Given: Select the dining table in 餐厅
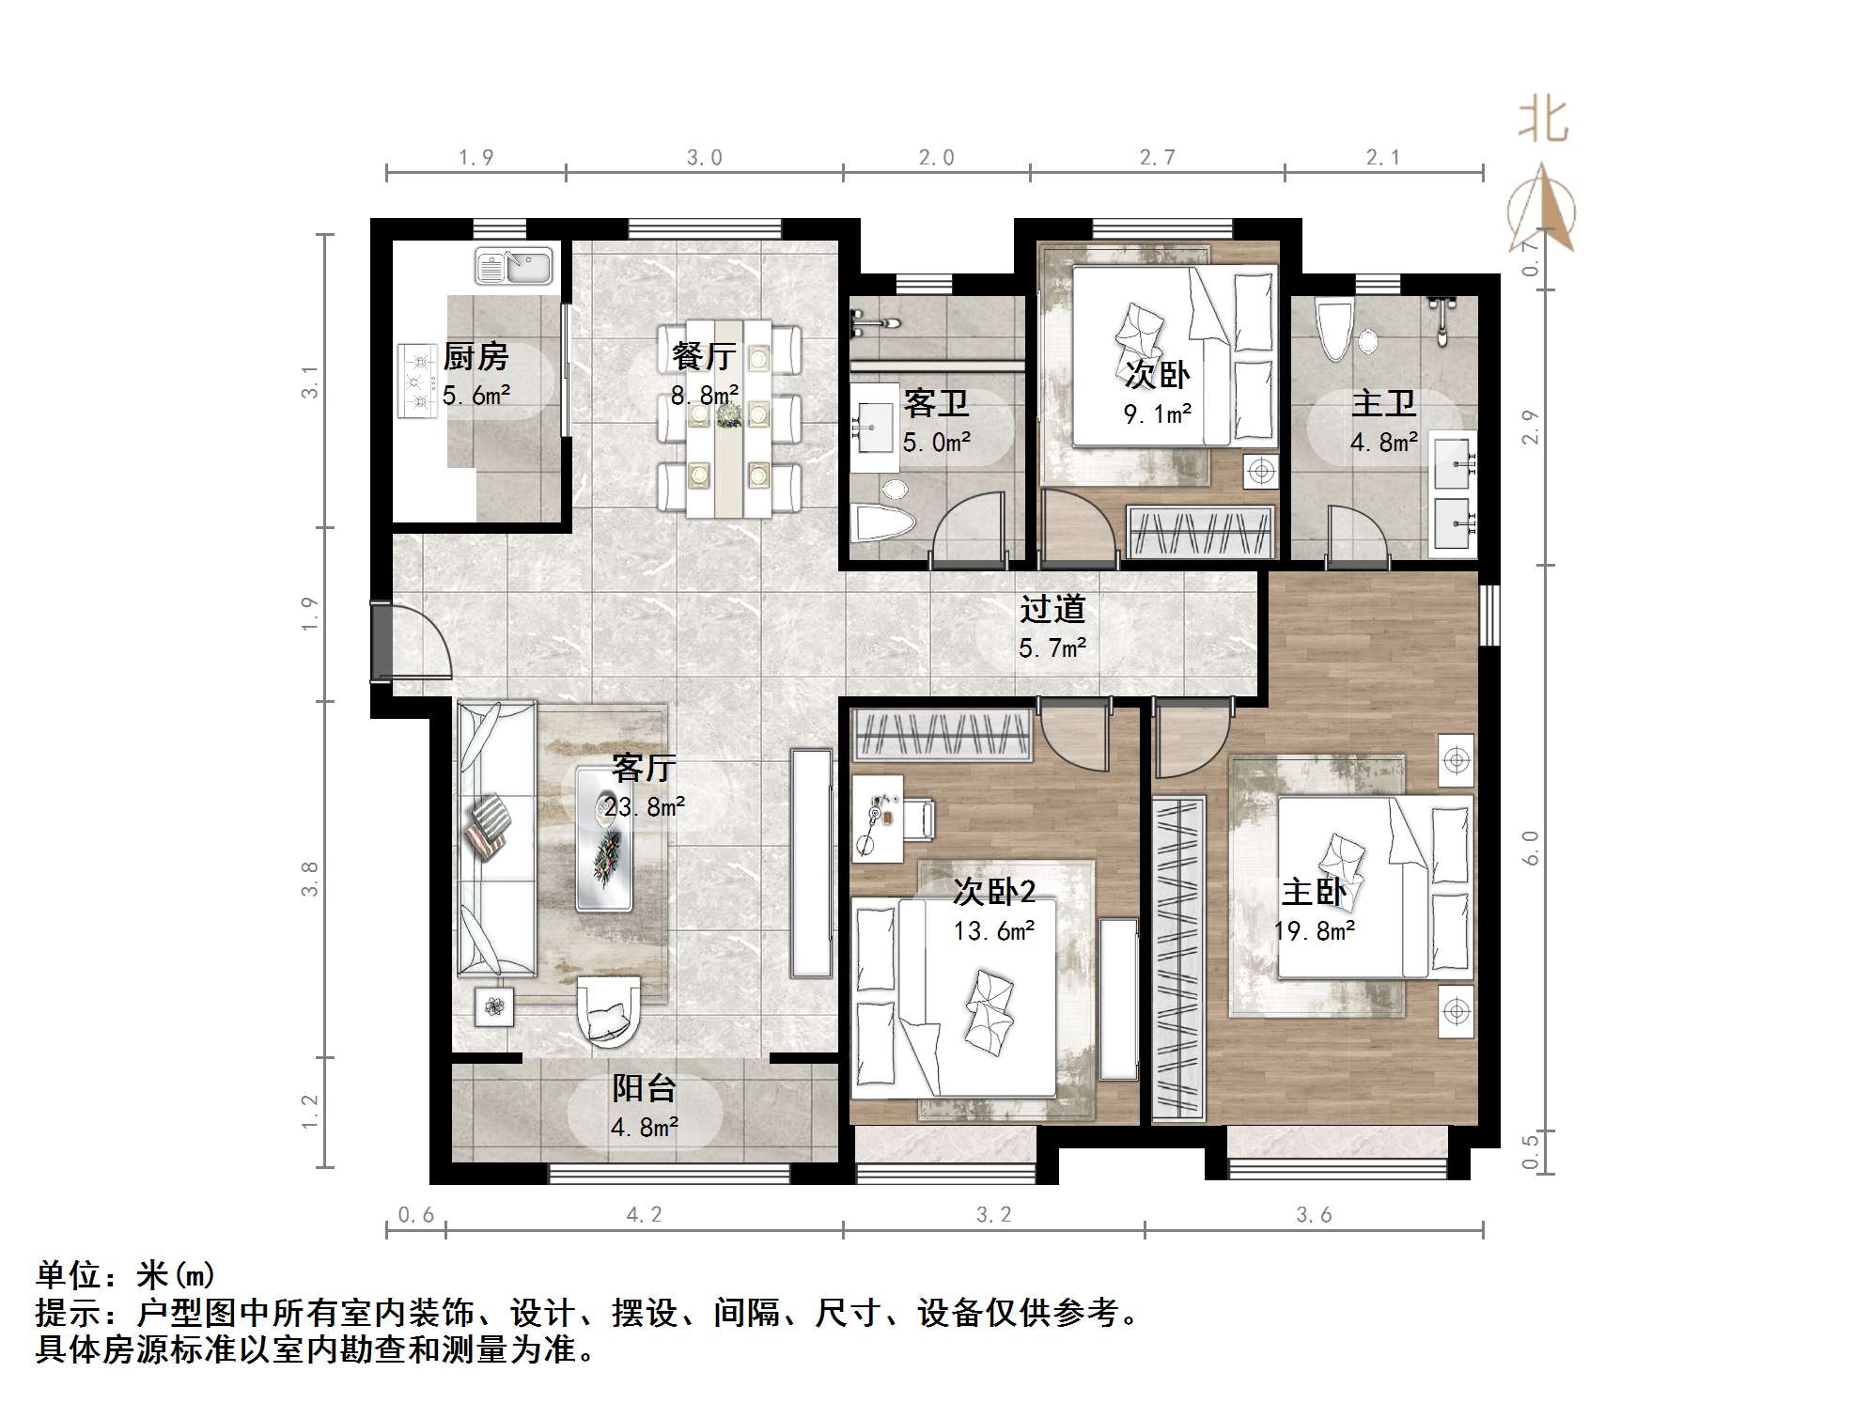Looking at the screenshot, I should coord(729,418).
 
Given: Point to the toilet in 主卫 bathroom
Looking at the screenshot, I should coord(1333,331).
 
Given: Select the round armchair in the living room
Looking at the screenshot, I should coord(608,1011).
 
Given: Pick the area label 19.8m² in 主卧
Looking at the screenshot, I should coord(1314,931).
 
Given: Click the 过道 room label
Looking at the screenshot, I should coord(1052,609).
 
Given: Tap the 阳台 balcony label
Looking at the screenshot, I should coord(645,1088).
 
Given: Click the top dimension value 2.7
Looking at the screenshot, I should coord(1157,158).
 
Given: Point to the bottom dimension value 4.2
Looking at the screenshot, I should coord(644,1215).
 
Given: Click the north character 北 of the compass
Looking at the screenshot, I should coord(1542,121).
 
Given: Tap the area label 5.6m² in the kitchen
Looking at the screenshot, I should coord(476,396).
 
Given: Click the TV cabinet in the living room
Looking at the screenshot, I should coord(811,863).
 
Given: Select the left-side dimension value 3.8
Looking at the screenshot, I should coord(311,879).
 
